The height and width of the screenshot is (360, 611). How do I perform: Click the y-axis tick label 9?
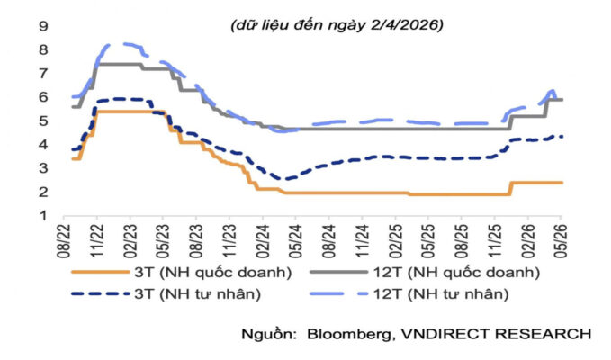pyautogui.click(x=43, y=26)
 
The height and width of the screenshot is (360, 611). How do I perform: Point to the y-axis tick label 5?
pyautogui.click(x=43, y=121)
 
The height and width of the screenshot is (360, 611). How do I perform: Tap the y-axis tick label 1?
pyautogui.click(x=43, y=215)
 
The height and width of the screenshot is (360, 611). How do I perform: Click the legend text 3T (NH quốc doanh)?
pyautogui.click(x=213, y=273)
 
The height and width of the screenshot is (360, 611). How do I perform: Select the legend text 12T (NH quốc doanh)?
pyautogui.click(x=456, y=273)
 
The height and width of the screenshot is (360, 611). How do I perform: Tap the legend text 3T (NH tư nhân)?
pyautogui.click(x=198, y=293)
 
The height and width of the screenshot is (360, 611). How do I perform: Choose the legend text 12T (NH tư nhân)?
pyautogui.click(x=441, y=293)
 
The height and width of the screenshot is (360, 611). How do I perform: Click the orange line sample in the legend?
pyautogui.click(x=100, y=273)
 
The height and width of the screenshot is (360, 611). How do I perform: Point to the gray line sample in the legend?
pyautogui.click(x=338, y=273)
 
